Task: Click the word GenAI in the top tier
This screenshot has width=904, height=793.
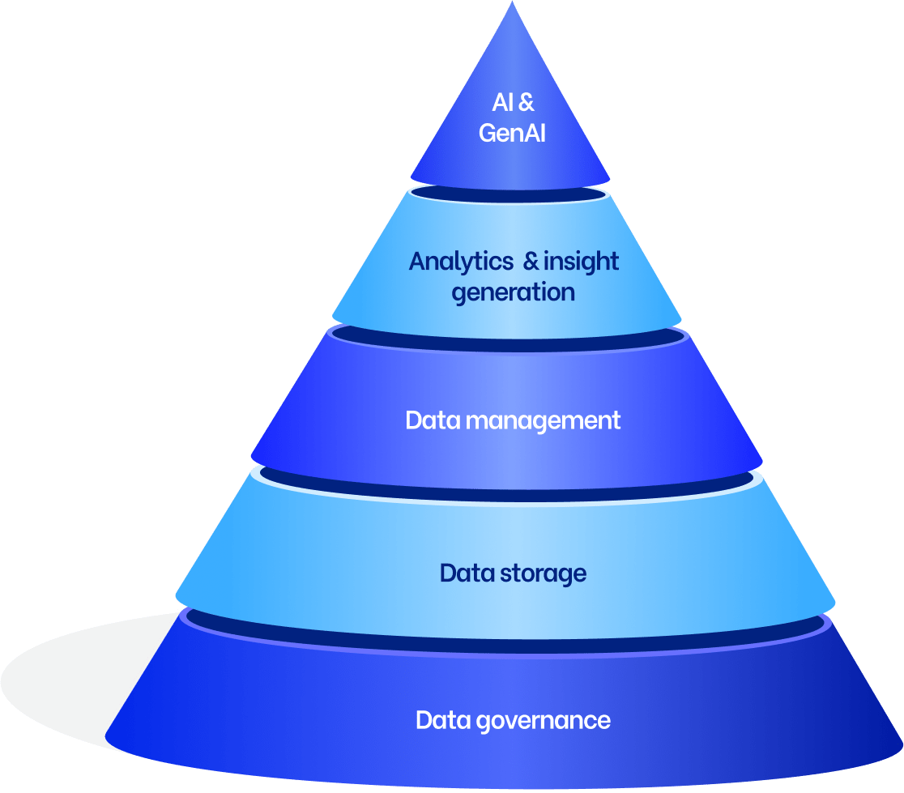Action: pyautogui.click(x=512, y=133)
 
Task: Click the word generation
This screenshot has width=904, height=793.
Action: pyautogui.click(x=513, y=292)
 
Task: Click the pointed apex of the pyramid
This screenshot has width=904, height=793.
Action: pyautogui.click(x=511, y=6)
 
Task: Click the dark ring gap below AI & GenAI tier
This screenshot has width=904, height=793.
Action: pyautogui.click(x=510, y=196)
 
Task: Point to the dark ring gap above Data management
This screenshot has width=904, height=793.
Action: pyautogui.click(x=510, y=338)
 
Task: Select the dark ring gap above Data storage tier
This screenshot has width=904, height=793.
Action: pyautogui.click(x=510, y=480)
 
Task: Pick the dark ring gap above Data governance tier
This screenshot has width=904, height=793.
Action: pyautogui.click(x=510, y=625)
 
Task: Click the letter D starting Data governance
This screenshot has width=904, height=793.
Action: pyautogui.click(x=424, y=720)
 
